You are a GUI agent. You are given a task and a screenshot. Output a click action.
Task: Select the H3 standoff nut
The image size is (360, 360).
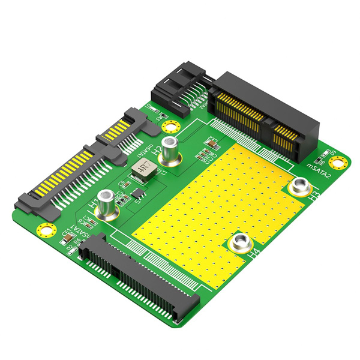pos(298,187)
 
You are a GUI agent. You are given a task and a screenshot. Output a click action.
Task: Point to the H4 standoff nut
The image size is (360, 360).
pos(241,242)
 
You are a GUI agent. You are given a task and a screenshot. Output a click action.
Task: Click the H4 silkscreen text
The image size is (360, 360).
pos(254,254)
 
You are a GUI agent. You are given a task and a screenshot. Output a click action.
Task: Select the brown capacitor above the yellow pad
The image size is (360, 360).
pos(211,143)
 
